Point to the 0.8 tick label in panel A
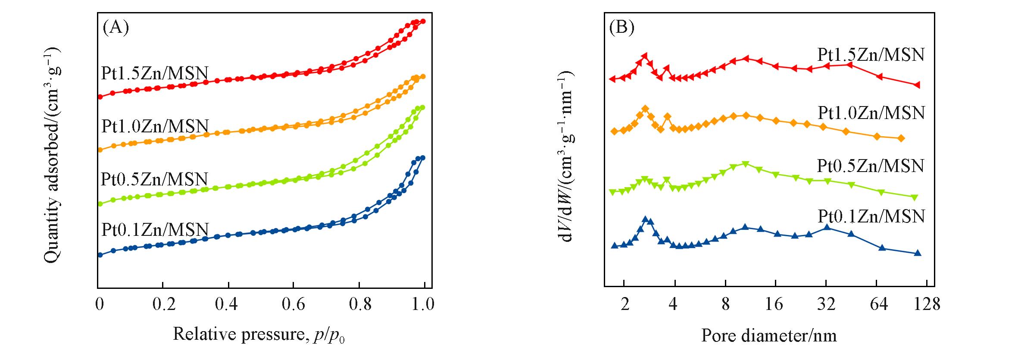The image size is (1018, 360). tap(360, 304)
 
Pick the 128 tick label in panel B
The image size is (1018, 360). tap(926, 304)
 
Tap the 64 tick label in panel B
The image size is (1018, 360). tap(878, 304)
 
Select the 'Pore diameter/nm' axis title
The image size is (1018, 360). tap(769, 335)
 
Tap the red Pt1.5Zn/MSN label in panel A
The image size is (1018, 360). tap(155, 73)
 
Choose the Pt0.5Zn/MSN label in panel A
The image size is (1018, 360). tap(154, 179)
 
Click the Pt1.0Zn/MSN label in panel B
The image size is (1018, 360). tap(871, 113)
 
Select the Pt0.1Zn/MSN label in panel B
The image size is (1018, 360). tap(871, 216)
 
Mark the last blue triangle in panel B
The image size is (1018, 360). tap(918, 253)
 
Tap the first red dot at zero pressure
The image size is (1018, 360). tap(100, 97)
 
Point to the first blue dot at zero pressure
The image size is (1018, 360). tap(100, 255)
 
